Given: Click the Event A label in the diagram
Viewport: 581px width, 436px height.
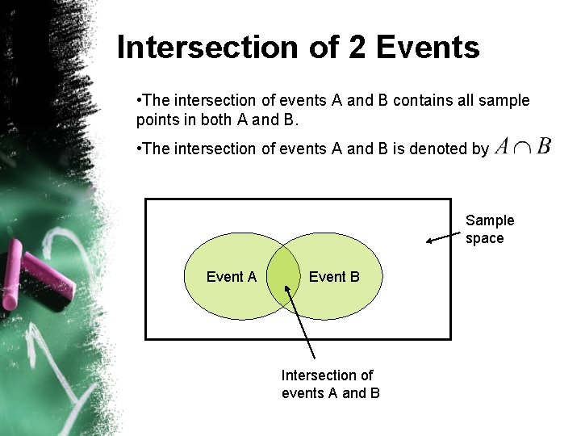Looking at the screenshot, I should pyautogui.click(x=231, y=277).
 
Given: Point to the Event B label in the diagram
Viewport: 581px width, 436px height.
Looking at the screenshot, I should pyautogui.click(x=334, y=277).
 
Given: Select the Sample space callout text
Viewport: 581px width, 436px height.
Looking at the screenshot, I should pyautogui.click(x=489, y=229).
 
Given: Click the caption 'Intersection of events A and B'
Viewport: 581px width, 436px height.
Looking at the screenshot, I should pyautogui.click(x=330, y=384).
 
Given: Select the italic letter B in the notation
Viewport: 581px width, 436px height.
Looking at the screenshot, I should pyautogui.click(x=544, y=146).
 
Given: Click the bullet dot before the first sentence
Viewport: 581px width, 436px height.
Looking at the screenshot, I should pyautogui.click(x=140, y=100).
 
